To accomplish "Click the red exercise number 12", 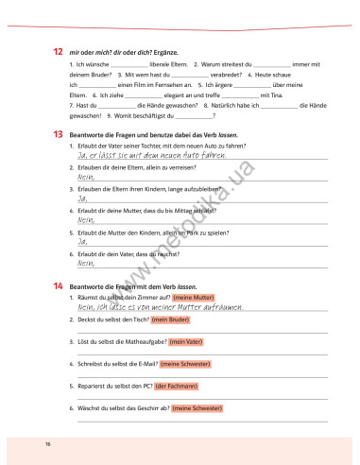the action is click(x=58, y=50).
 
